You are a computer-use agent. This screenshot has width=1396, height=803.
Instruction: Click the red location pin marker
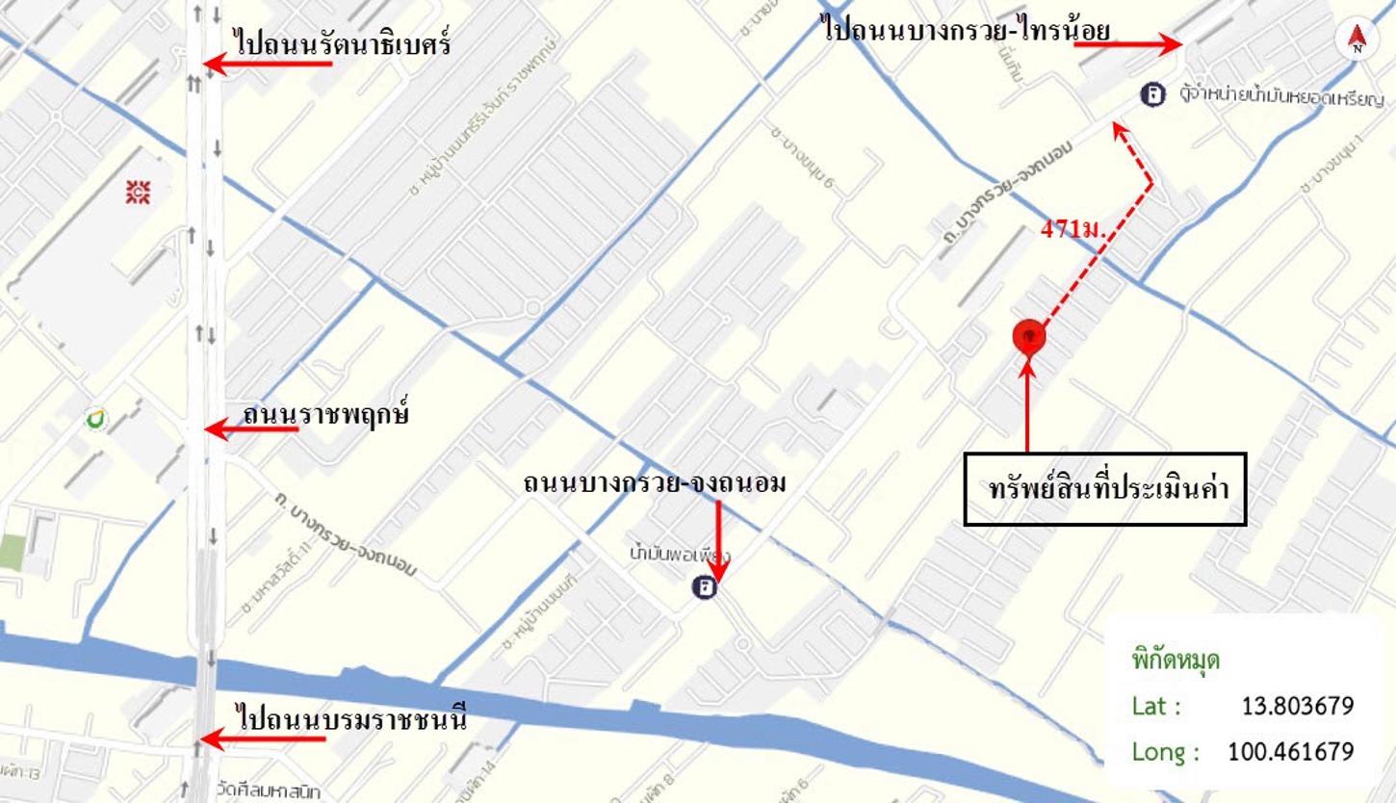point(1029,337)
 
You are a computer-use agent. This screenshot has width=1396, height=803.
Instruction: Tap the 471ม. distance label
point(1073,230)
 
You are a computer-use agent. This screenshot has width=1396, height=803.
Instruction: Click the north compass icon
point(1357,39)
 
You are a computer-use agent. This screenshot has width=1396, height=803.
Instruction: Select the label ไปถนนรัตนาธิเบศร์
point(342,44)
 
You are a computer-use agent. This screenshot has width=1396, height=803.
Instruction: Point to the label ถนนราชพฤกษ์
point(326,415)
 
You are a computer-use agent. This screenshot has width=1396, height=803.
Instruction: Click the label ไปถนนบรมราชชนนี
point(351,718)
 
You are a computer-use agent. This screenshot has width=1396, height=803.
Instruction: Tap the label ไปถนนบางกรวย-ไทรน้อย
point(967,30)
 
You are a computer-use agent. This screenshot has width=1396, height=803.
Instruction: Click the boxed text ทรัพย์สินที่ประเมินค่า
point(1105,489)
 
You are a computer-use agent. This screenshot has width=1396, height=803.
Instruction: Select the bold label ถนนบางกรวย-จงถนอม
point(655,482)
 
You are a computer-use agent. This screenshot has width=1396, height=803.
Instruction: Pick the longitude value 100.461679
point(1290,751)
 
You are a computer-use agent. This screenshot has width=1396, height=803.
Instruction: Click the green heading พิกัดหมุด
point(1176,661)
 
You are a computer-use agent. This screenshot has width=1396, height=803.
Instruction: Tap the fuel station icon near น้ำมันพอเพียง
point(706,586)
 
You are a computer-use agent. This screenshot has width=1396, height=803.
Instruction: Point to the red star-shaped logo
point(138,192)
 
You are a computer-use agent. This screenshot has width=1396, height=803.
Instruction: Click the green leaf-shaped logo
point(94,419)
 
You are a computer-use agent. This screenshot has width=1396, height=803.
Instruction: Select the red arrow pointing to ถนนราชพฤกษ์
point(252,428)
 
